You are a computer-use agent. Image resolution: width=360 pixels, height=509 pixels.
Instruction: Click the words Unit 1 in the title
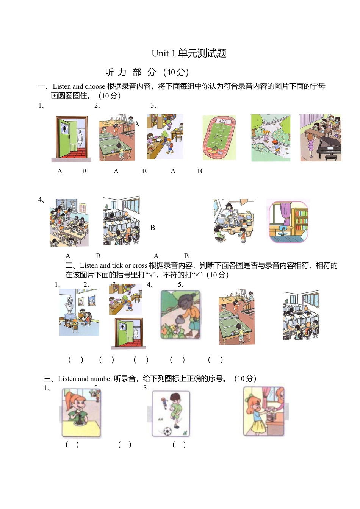click(x=163, y=53)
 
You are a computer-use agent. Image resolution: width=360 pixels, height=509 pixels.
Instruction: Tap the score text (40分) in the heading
click(x=176, y=72)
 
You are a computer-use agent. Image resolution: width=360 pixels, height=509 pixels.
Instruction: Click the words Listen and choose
click(x=79, y=86)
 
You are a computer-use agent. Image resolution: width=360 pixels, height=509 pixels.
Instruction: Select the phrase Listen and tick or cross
click(x=113, y=265)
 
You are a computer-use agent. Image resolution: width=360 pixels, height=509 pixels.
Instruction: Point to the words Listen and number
click(x=85, y=379)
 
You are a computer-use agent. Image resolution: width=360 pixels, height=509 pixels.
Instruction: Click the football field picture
click(x=219, y=137)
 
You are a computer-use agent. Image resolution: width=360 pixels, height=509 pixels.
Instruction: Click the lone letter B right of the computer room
click(x=153, y=228)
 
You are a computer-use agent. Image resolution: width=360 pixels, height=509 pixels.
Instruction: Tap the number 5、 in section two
click(x=181, y=284)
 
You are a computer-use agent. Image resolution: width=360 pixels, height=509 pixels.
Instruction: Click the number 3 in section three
click(x=145, y=388)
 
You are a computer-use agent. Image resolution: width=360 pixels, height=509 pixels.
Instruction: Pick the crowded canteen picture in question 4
click(x=69, y=222)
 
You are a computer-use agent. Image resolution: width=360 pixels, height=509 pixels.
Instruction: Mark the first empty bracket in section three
click(x=72, y=445)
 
